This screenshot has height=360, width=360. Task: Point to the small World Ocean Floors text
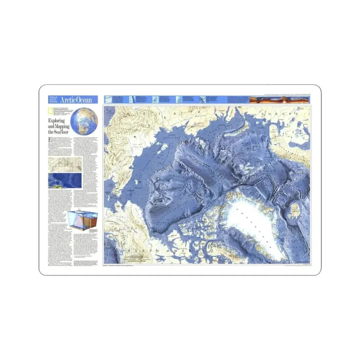coord(54,99)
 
